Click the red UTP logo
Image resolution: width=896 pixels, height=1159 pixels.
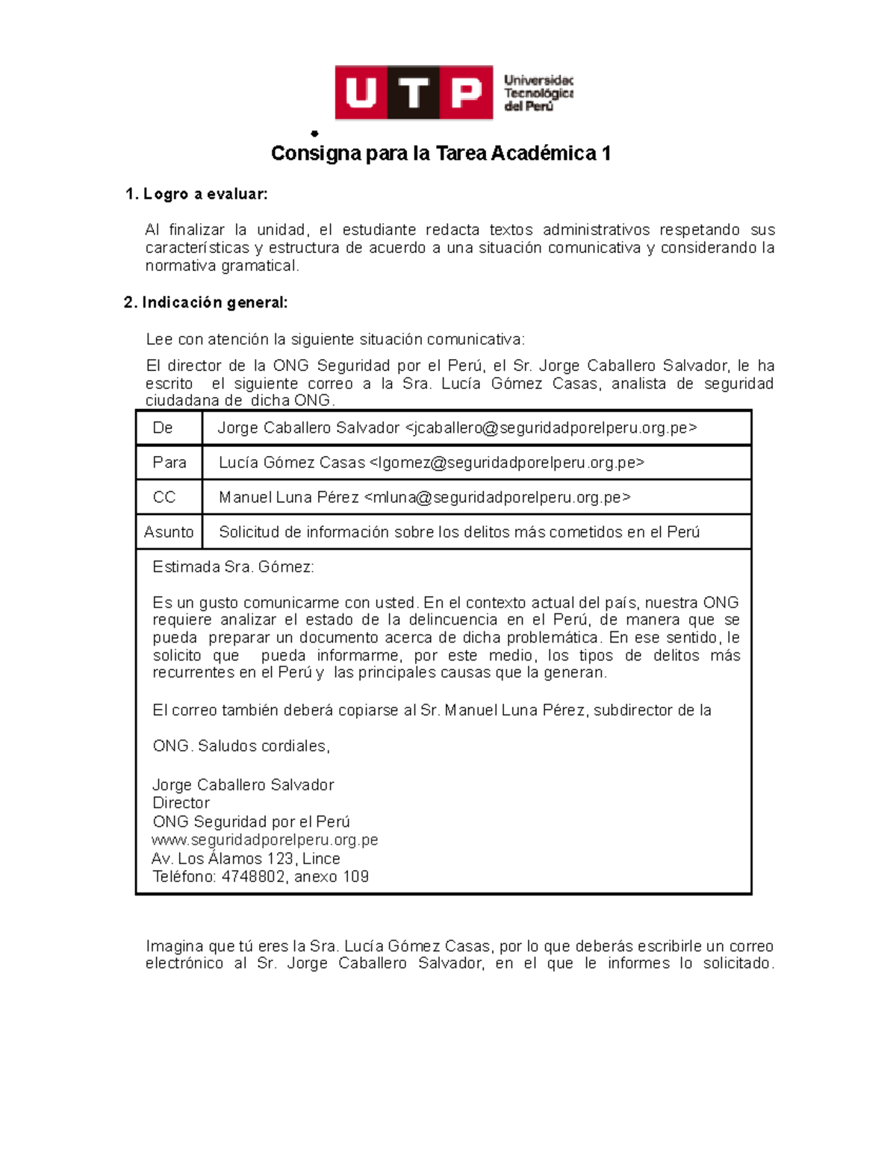[414, 93]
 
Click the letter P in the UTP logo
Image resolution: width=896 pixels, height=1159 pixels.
[466, 93]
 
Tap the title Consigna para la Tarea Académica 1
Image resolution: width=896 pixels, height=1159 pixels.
[441, 154]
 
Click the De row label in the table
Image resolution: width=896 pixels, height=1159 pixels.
[163, 428]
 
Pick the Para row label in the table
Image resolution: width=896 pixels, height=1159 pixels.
[169, 463]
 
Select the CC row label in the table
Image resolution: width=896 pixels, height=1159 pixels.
[164, 498]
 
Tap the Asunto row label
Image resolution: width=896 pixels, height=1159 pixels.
[169, 532]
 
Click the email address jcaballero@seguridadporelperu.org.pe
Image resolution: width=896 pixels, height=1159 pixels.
[551, 428]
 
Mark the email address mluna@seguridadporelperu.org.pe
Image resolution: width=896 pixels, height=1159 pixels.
[497, 498]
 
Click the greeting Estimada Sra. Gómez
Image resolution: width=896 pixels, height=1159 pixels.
[233, 567]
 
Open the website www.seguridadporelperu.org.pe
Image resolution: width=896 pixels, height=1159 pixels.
[265, 840]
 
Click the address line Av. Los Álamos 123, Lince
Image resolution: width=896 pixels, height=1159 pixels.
[246, 859]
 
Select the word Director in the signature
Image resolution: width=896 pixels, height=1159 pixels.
[181, 804]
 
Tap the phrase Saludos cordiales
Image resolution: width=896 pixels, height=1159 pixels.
[264, 746]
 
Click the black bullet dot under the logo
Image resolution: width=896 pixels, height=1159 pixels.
[315, 134]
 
